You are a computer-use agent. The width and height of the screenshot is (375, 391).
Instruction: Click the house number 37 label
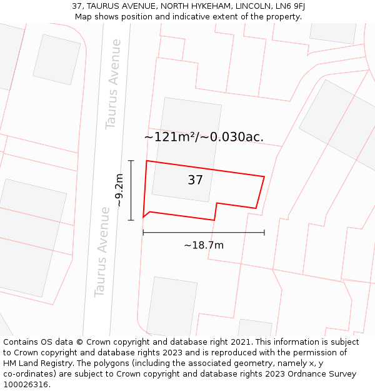pyautogui.click(x=195, y=180)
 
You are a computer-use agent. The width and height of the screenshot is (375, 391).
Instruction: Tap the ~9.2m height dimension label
pyautogui.click(x=119, y=191)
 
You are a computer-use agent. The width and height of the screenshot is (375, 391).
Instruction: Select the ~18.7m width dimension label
pyautogui.click(x=204, y=245)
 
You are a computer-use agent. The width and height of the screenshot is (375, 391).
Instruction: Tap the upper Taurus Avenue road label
pyautogui.click(x=114, y=84)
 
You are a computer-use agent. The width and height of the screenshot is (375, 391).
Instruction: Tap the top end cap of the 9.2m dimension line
pyautogui.click(x=131, y=161)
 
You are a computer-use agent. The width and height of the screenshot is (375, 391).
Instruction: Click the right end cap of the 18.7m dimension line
pyautogui.click(x=264, y=232)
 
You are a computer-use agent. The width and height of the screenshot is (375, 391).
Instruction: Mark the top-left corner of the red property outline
pyautogui.click(x=147, y=161)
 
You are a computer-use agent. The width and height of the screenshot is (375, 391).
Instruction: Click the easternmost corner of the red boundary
pyautogui.click(x=264, y=176)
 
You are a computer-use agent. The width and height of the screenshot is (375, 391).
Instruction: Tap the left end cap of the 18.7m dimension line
pyautogui.click(x=143, y=232)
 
